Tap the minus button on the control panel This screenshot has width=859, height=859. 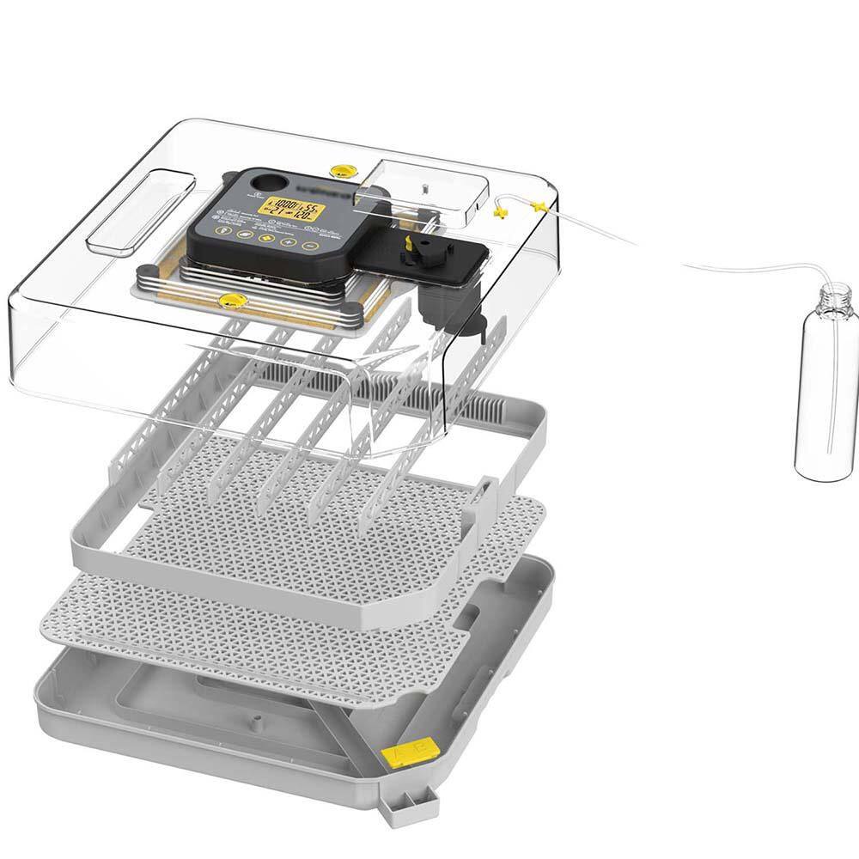(312, 246)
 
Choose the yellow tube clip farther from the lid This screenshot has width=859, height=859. (538, 205)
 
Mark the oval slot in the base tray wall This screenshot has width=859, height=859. (468, 613)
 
